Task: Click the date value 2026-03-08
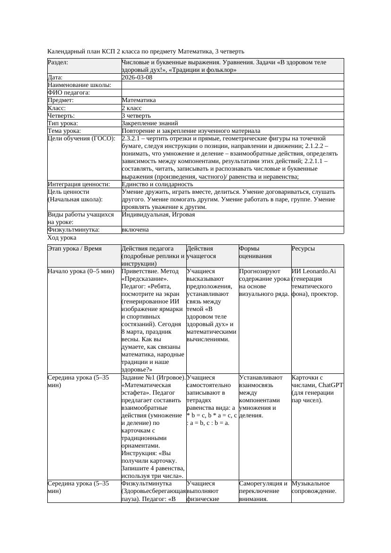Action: (137, 78)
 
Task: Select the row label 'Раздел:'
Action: (58, 62)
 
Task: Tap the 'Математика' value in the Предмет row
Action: (139, 100)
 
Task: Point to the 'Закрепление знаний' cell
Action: (146, 123)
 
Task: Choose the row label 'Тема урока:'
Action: (64, 130)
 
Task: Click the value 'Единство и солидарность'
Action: (157, 184)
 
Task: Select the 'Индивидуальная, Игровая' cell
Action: (158, 215)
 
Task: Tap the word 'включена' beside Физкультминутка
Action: (135, 230)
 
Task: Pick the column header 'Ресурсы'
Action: (304, 249)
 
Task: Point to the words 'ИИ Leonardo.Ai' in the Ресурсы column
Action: (314, 271)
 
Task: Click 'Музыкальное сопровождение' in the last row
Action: (314, 487)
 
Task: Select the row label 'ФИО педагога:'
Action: (69, 93)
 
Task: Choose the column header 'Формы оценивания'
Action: (256, 252)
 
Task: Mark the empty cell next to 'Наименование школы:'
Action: (232, 85)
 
